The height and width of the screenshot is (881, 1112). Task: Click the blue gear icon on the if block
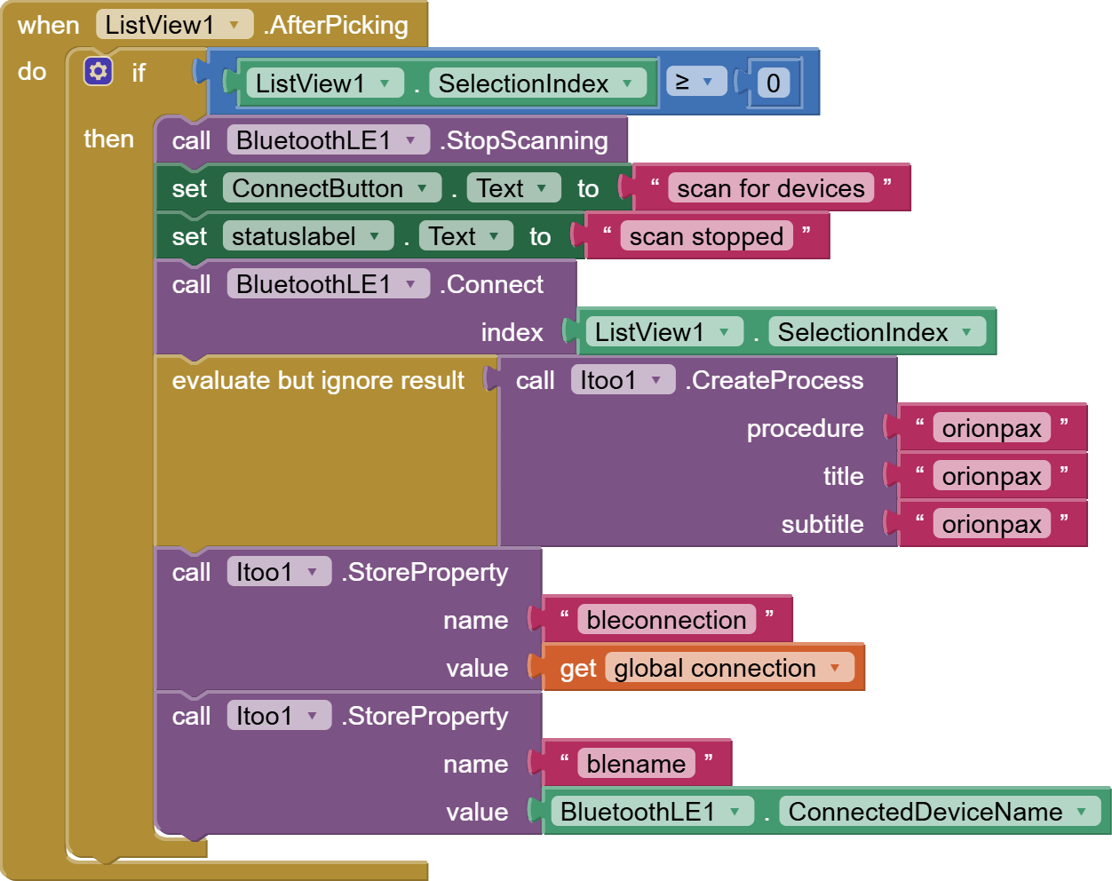pos(98,71)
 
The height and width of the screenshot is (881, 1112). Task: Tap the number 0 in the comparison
pos(774,83)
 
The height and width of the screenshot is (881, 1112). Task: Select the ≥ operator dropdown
pos(695,83)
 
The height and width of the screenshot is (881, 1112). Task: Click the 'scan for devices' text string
pos(770,188)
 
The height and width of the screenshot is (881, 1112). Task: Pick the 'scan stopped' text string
pos(706,236)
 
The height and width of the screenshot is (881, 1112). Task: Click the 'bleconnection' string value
pos(666,620)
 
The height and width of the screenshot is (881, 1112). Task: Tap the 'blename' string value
pos(636,764)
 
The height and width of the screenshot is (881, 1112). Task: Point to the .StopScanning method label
pos(527,140)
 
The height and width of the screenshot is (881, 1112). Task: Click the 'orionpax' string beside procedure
pos(991,428)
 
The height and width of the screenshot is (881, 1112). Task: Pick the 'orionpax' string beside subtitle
pos(991,524)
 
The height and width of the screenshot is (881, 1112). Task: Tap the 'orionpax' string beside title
pos(991,476)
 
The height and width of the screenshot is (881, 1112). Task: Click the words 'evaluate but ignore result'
pos(318,380)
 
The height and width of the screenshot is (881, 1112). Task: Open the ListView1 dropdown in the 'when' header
pos(174,25)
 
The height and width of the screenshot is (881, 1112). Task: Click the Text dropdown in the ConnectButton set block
pos(512,188)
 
